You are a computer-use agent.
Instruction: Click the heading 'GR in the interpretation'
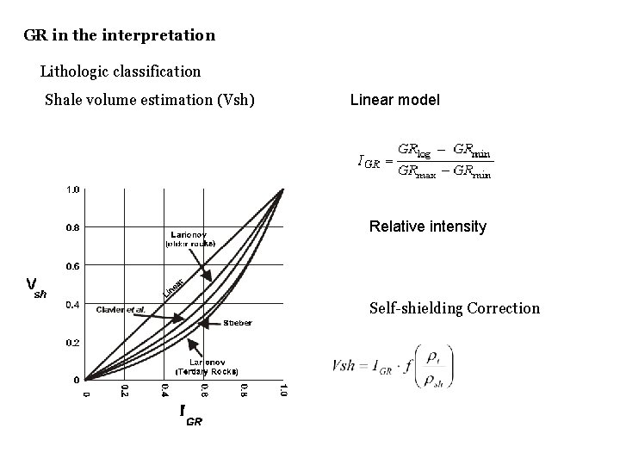point(120,36)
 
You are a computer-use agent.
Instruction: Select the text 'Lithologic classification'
point(121,71)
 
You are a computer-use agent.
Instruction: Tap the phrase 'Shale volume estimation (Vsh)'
point(149,100)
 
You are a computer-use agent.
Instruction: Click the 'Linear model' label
point(394,101)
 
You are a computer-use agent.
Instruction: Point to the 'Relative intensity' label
point(427,227)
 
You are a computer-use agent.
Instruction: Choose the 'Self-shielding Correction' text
point(454,307)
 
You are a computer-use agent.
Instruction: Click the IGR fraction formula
point(425,160)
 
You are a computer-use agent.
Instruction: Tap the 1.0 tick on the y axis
point(72,189)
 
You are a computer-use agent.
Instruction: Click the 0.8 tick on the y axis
point(72,228)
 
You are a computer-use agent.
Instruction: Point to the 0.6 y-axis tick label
point(72,266)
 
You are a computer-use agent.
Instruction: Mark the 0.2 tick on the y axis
point(72,342)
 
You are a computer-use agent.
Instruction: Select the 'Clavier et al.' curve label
point(121,308)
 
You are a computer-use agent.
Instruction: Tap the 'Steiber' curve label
point(238,323)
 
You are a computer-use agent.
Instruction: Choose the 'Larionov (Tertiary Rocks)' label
point(206,367)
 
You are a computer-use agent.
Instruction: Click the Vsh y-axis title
point(36,286)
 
